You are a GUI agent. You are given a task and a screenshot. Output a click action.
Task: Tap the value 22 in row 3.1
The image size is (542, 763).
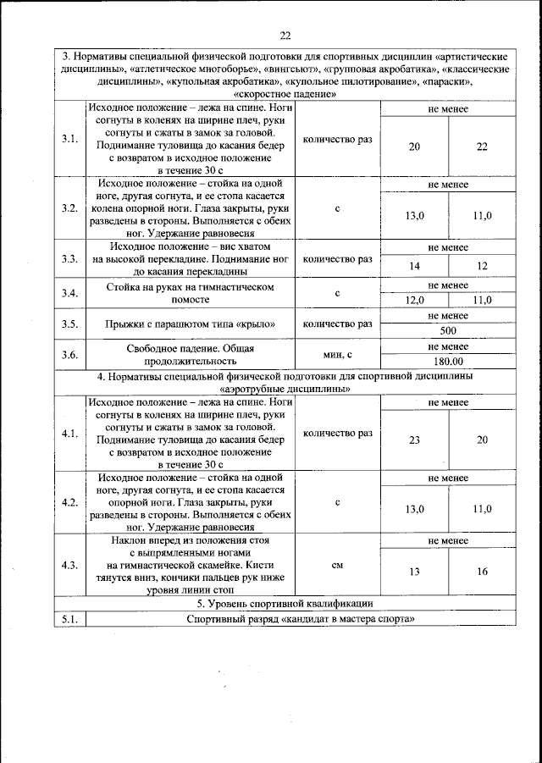[482, 147]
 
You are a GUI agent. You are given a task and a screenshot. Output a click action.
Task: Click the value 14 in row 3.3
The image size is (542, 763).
[414, 266]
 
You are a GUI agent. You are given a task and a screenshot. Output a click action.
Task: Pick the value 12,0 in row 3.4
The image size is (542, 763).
[414, 300]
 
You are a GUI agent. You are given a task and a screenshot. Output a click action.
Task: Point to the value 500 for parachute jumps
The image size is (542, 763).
[448, 330]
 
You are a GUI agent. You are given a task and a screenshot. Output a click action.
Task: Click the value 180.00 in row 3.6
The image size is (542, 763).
[448, 361]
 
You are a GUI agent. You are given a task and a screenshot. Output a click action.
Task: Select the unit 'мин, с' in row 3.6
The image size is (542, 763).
[337, 354]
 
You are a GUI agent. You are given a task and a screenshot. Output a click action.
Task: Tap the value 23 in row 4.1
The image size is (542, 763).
[414, 440]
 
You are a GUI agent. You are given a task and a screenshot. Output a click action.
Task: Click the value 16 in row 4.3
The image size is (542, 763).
[482, 572]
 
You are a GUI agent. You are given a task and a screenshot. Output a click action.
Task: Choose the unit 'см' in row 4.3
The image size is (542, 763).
[337, 565]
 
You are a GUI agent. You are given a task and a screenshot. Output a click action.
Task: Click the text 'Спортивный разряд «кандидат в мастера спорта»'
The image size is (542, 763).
[301, 619]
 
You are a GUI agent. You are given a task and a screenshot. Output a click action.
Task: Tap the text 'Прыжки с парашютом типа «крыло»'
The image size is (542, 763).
[191, 323]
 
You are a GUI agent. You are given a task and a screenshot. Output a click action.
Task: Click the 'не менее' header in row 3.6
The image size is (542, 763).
[448, 346]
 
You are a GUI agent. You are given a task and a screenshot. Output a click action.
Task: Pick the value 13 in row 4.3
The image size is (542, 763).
[414, 572]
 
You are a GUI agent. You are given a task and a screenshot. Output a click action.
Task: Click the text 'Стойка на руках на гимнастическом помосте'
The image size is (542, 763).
[191, 293]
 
